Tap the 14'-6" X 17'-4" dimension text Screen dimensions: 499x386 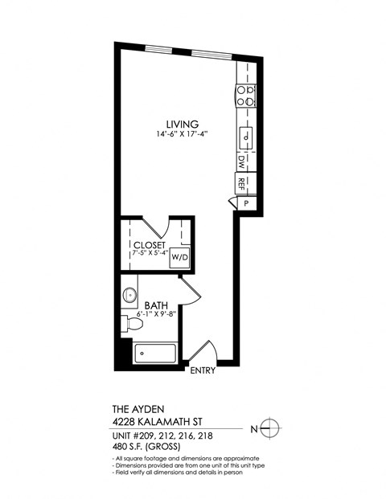point(182,134)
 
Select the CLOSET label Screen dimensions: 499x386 point(150,244)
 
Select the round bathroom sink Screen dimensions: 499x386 point(129,296)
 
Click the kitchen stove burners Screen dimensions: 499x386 point(245,96)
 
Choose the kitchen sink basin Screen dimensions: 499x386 point(245,137)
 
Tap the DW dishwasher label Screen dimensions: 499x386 point(241,161)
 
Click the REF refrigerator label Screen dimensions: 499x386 point(241,183)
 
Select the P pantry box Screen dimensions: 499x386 point(246,203)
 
